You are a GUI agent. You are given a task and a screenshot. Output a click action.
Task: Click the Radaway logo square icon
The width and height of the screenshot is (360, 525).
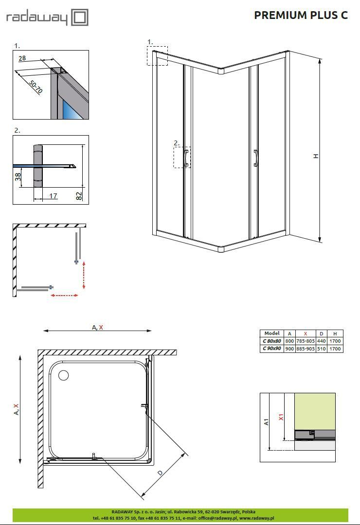80,17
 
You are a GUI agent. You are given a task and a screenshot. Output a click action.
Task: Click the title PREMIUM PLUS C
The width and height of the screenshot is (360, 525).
301,15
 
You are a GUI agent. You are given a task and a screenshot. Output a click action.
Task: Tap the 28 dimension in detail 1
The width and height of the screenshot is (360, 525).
22,58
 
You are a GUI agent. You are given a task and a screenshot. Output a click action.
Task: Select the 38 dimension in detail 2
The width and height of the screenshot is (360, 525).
18,176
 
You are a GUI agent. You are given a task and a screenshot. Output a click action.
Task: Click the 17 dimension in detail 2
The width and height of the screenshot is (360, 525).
53,196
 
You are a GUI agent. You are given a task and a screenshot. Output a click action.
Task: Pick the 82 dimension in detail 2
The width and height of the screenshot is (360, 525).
79,195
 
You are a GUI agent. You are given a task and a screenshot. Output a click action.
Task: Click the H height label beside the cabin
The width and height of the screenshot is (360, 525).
316,156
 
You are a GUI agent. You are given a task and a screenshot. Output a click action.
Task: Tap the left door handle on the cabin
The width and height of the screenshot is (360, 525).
186,158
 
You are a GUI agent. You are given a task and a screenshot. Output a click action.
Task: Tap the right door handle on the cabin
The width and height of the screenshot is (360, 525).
256,158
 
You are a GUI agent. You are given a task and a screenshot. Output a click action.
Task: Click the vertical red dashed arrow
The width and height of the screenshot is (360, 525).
84,275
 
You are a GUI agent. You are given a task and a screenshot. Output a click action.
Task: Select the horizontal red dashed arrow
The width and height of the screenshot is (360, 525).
65,295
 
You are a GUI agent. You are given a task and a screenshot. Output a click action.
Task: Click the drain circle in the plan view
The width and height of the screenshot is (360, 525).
64,375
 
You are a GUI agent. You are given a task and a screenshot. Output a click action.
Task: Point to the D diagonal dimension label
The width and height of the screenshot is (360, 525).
160,473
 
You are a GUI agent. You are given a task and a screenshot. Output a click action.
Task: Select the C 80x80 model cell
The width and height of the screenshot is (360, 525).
272,341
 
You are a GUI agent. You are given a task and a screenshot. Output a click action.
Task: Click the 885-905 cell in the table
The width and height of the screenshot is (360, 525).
306,349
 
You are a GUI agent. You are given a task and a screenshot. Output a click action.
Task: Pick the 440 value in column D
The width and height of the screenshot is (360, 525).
321,341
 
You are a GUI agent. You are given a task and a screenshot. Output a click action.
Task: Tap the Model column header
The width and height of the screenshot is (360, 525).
272,333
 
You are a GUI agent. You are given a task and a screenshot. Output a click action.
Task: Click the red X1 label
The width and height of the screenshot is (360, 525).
281,417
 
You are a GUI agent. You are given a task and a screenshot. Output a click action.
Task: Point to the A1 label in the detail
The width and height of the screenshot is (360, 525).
266,421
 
